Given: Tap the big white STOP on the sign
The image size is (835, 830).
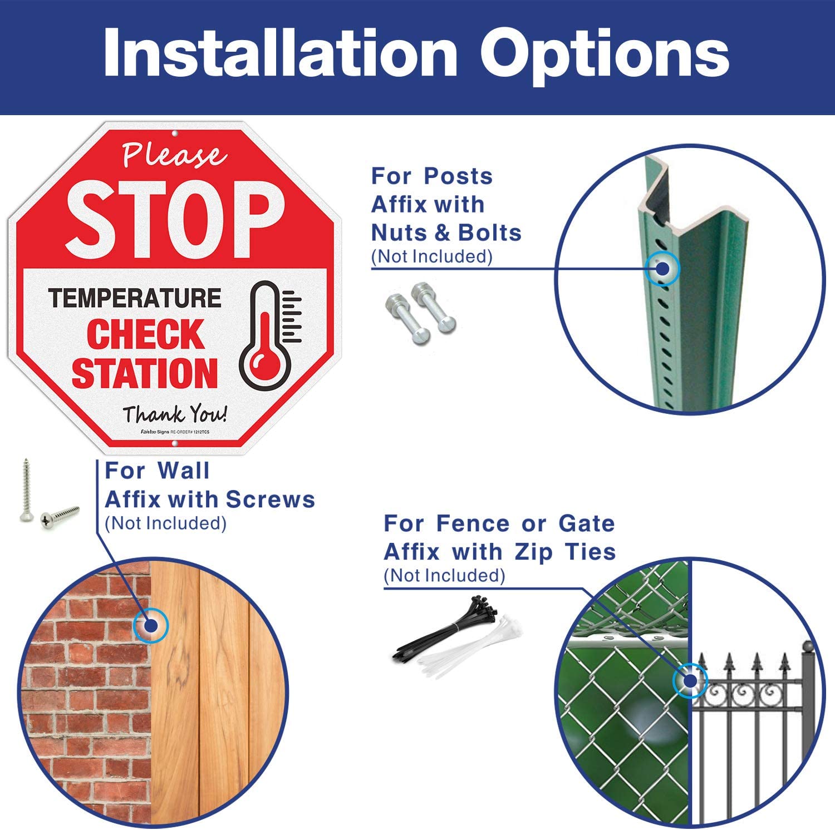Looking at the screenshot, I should pyautogui.click(x=175, y=220).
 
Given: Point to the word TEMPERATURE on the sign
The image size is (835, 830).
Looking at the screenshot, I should pyautogui.click(x=135, y=298).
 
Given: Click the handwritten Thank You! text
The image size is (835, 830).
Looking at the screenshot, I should pyautogui.click(x=175, y=414).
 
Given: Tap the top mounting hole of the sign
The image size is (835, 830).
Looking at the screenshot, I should pyautogui.click(x=175, y=134).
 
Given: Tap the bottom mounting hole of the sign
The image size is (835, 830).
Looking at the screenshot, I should pyautogui.click(x=175, y=443).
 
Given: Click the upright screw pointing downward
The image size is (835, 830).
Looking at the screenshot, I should pyautogui.click(x=26, y=490).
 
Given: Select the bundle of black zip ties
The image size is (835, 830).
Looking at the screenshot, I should pyautogui.click(x=445, y=629).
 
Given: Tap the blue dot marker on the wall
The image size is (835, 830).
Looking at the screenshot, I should pyautogui.click(x=151, y=626).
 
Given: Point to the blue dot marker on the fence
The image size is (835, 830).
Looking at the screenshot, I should pyautogui.click(x=690, y=680).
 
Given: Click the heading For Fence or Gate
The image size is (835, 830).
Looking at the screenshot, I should pyautogui.click(x=499, y=523).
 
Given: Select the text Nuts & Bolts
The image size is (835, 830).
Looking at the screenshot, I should pyautogui.click(x=446, y=233).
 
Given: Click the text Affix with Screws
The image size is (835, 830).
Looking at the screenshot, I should pyautogui.click(x=209, y=500).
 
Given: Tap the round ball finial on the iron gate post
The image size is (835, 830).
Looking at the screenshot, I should pyautogui.click(x=808, y=647).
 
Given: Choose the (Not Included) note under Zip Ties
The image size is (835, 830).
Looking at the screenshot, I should pyautogui.click(x=444, y=575).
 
